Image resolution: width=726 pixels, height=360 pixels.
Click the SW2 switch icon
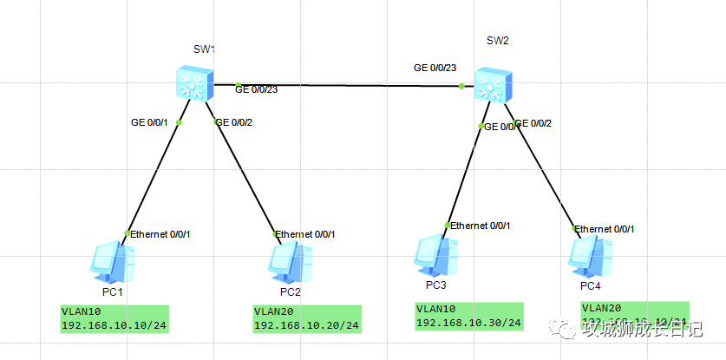click(495, 86)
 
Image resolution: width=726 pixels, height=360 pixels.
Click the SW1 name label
click(203, 49)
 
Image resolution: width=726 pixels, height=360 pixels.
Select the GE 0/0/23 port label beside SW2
click(435, 67)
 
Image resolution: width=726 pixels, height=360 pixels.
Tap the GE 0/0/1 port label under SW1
click(148, 122)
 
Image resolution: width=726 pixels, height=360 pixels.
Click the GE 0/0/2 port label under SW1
click(234, 122)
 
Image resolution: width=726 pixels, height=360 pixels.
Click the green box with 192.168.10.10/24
click(113, 318)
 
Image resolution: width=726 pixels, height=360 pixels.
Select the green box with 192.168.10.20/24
click(306, 318)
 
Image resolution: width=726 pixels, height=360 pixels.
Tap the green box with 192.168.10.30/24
click(468, 317)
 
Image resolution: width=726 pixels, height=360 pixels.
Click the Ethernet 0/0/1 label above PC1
click(160, 234)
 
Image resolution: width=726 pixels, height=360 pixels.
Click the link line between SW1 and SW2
click(347, 86)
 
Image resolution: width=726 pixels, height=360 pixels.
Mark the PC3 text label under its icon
click(435, 285)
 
